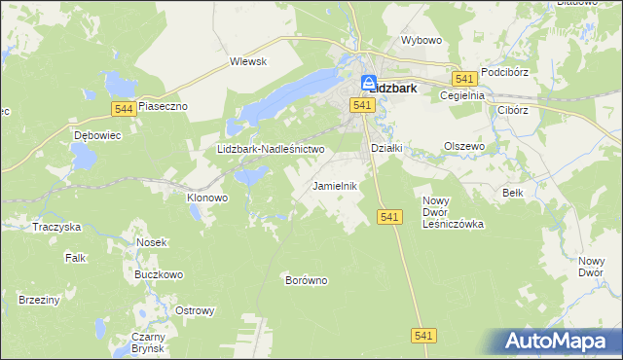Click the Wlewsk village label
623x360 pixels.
click(x=248, y=61)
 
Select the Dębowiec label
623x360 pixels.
click(x=96, y=135)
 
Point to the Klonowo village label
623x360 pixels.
click(x=206, y=197)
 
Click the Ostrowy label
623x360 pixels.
click(x=194, y=310)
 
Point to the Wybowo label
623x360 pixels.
click(x=421, y=41)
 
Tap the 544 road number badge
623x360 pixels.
click(x=123, y=107)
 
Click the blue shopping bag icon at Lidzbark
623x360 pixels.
click(x=370, y=84)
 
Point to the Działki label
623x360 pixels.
click(x=387, y=148)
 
